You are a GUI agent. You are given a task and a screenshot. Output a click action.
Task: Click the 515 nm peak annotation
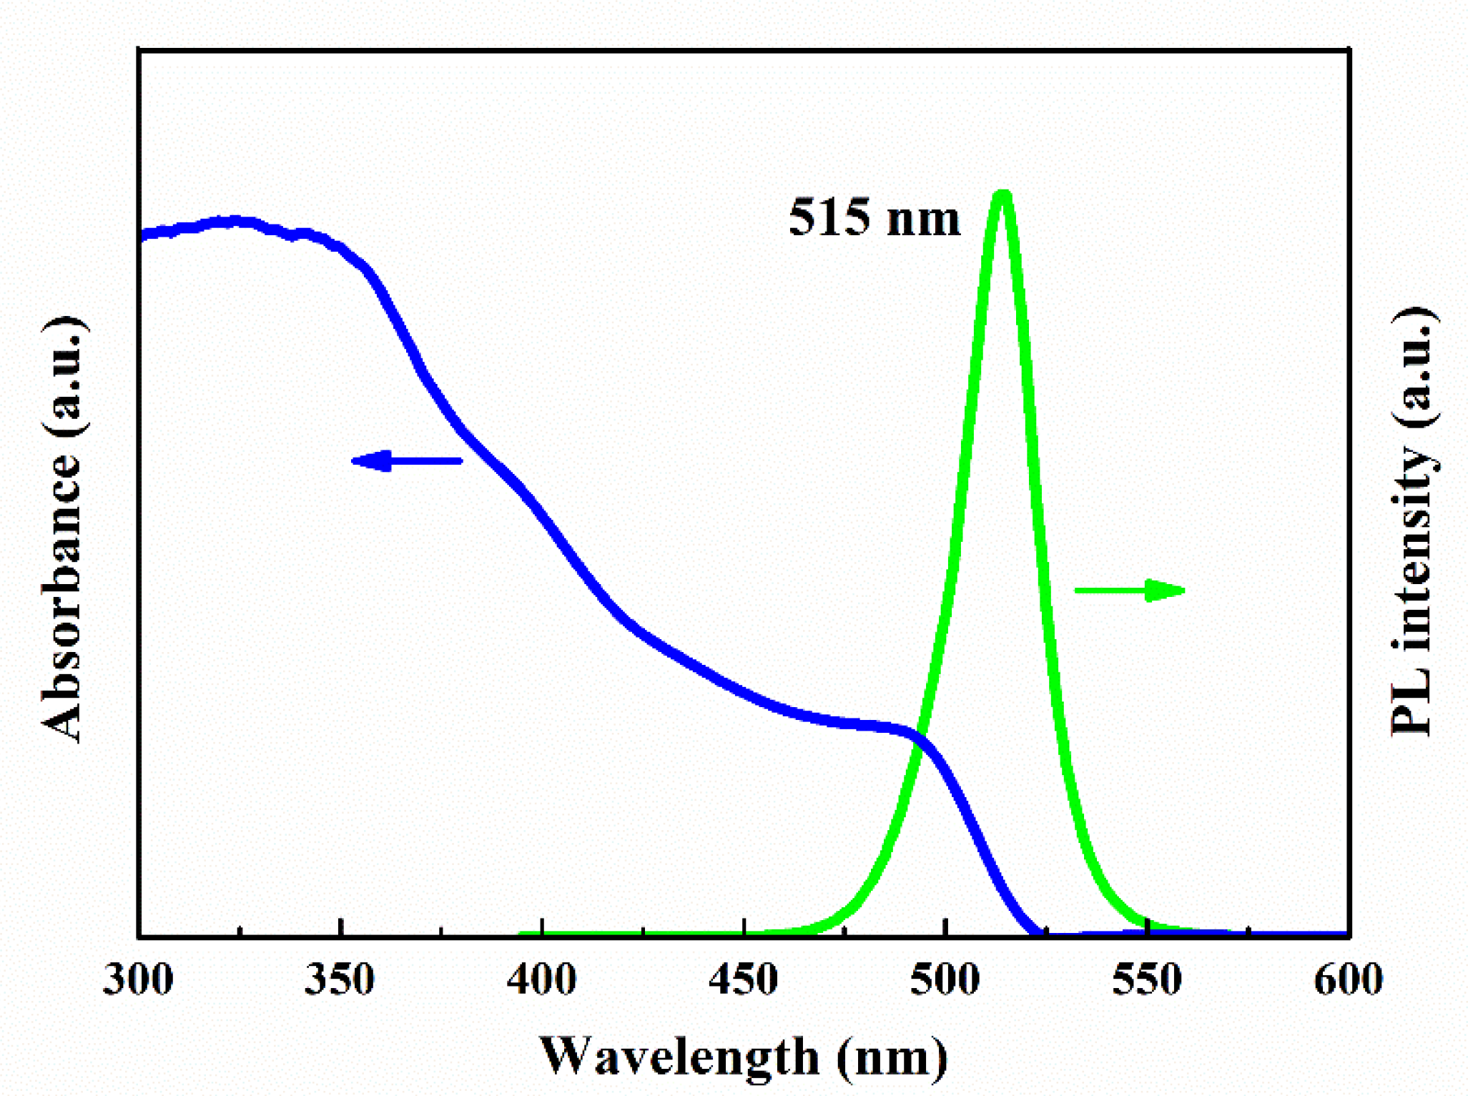point(874,217)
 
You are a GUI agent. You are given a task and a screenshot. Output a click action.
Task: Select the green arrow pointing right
point(1130,590)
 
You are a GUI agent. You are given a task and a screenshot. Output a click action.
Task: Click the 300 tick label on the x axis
point(138,979)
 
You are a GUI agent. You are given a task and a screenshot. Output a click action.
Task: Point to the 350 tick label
point(340,979)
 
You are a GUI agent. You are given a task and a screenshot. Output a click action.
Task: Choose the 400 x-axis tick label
point(542,979)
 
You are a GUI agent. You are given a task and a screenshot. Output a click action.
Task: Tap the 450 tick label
point(744,979)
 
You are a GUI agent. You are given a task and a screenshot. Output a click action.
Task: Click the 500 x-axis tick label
point(945,979)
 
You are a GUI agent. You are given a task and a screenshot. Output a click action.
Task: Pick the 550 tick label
point(1147,979)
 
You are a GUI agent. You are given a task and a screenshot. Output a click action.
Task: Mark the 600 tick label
point(1349,979)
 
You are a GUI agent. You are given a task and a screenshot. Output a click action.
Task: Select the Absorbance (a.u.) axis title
point(63,529)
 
